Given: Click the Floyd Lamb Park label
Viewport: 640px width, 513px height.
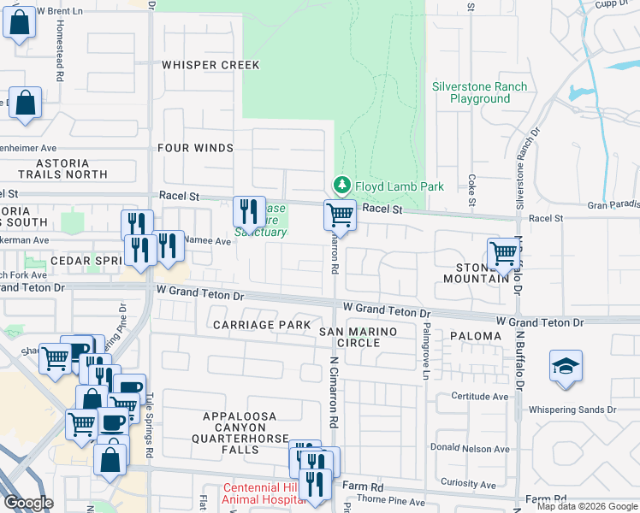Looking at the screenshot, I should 388,186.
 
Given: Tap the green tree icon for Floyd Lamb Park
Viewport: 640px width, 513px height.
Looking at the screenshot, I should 341,186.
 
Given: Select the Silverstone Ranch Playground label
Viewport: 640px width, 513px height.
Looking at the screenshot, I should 471,92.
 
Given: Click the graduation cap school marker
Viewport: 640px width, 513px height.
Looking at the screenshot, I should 566,367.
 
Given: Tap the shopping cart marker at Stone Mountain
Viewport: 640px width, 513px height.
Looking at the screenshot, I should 504,253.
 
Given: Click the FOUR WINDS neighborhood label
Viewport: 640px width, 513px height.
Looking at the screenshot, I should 195,148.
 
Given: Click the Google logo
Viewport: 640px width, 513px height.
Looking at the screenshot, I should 28,503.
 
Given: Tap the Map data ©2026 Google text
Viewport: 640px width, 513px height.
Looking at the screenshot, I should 587,506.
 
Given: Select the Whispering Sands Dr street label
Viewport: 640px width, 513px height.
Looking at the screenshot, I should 572,410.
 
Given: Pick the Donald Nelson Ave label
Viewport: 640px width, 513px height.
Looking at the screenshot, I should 471,449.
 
